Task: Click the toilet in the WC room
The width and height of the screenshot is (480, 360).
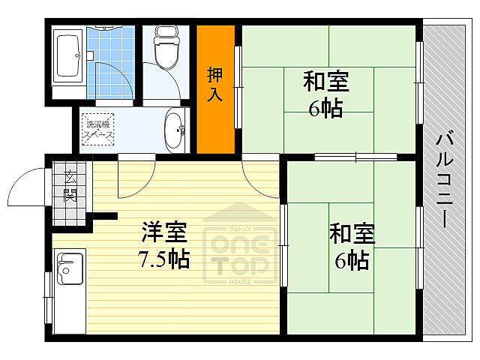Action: click(164, 46)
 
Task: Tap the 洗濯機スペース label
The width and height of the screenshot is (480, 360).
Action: click(98, 129)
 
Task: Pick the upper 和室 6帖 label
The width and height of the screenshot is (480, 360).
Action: click(325, 94)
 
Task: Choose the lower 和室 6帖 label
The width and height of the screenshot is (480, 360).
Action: click(350, 247)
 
